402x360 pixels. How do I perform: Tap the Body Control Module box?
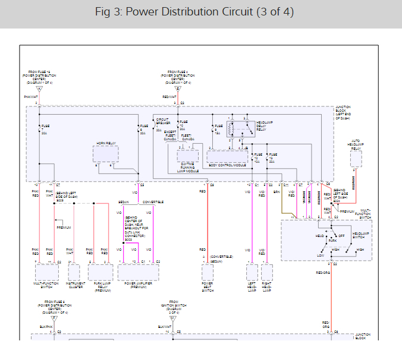pyautogui.click(x=227, y=156)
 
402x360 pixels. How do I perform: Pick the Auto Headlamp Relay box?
pyautogui.click(x=356, y=158)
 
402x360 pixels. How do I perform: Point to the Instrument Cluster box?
pyautogui.click(x=74, y=272)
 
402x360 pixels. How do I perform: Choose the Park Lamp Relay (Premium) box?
pyautogui.click(x=100, y=272)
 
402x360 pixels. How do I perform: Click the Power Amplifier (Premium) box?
pyautogui.click(x=138, y=272)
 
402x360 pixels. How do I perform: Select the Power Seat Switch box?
pyautogui.click(x=207, y=272)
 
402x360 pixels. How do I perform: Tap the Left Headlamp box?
pyautogui.click(x=252, y=272)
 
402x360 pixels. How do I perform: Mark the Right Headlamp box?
pyautogui.click(x=266, y=272)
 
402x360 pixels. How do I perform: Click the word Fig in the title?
pyautogui.click(x=103, y=12)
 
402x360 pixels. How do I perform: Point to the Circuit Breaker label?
pyautogui.click(x=162, y=121)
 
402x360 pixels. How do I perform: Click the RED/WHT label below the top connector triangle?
pyautogui.click(x=169, y=96)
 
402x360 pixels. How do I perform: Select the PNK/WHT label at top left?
pyautogui.click(x=31, y=96)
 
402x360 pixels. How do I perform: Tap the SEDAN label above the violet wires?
pyautogui.click(x=123, y=202)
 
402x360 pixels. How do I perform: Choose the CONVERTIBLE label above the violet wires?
pyautogui.click(x=153, y=202)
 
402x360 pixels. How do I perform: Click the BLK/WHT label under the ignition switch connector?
pyautogui.click(x=165, y=326)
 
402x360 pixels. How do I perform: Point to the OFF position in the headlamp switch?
pyautogui.click(x=341, y=236)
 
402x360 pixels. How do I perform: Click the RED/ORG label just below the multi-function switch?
pyautogui.click(x=323, y=273)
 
